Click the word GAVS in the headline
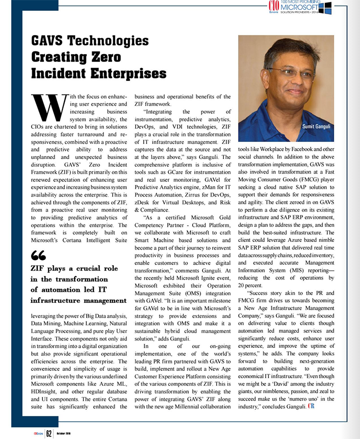[51, 40]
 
